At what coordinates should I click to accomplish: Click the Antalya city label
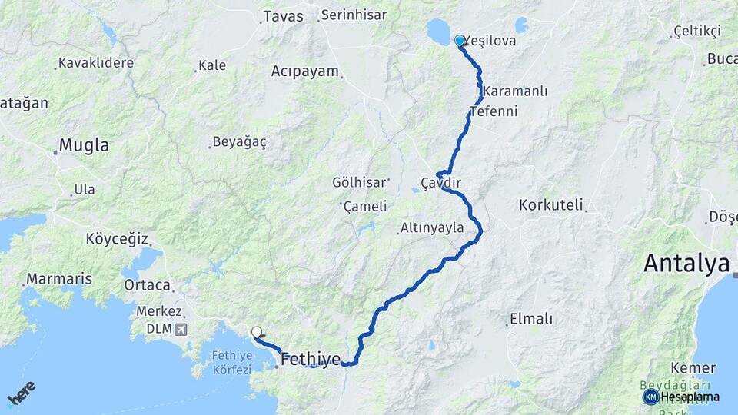click(x=686, y=264)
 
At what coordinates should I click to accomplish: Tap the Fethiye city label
click(x=311, y=358)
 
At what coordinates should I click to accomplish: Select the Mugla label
click(x=84, y=145)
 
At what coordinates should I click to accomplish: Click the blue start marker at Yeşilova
click(x=460, y=41)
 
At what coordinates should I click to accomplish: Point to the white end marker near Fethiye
click(x=257, y=333)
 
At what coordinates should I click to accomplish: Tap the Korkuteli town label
click(x=551, y=205)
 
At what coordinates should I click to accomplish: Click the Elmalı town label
click(x=531, y=319)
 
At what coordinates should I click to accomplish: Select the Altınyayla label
click(x=433, y=227)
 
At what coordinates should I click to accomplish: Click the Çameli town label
click(x=365, y=207)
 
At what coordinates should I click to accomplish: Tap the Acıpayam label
click(x=304, y=71)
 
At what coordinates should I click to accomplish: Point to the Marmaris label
click(x=59, y=278)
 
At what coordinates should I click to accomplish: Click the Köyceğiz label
click(x=117, y=239)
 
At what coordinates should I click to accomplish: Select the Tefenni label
click(x=493, y=111)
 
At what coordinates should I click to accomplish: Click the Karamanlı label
click(x=516, y=91)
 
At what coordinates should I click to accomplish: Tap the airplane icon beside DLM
click(x=180, y=330)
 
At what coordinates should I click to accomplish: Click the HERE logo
click(x=21, y=393)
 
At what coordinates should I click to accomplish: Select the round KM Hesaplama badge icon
click(x=650, y=397)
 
